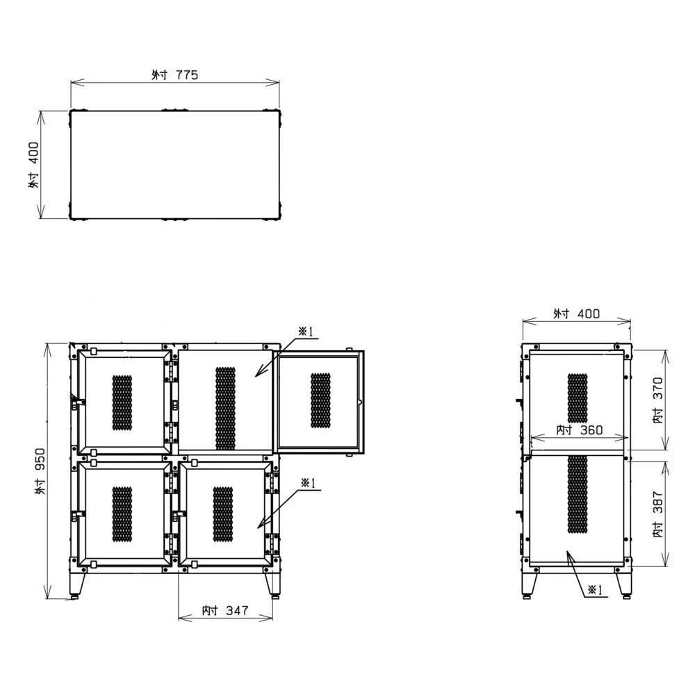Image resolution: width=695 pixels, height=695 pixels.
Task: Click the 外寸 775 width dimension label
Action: [x=174, y=74]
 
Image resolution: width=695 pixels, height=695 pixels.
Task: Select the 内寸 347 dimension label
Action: [x=225, y=610]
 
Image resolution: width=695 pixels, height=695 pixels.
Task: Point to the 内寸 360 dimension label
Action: [x=580, y=430]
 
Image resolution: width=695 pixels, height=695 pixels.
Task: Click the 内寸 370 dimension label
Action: [x=657, y=400]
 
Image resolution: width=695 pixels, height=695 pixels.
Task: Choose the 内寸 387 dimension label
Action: [x=657, y=514]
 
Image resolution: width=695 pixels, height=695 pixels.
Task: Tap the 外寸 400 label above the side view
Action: [x=576, y=314]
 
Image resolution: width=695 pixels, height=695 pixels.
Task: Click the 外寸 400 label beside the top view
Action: [x=33, y=165]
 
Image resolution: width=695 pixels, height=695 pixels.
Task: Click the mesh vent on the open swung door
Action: [x=320, y=400]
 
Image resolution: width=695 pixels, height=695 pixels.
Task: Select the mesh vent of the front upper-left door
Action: [x=122, y=402]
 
